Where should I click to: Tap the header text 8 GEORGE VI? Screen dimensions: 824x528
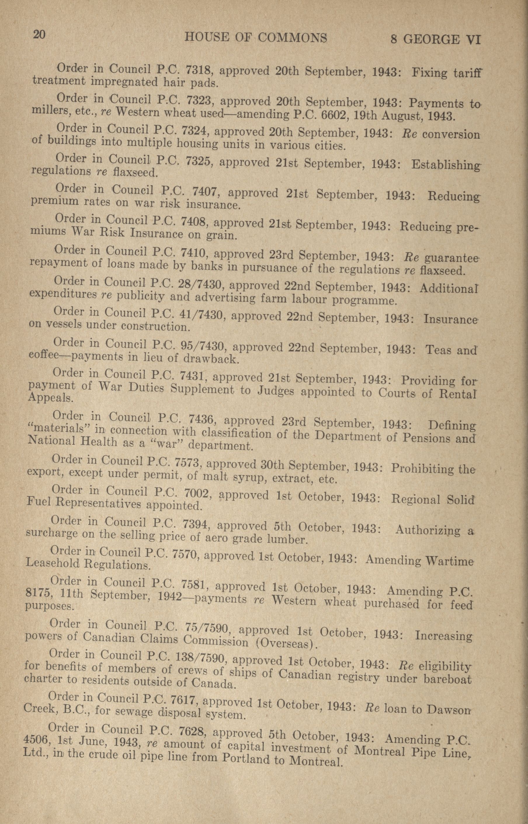click(x=436, y=40)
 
